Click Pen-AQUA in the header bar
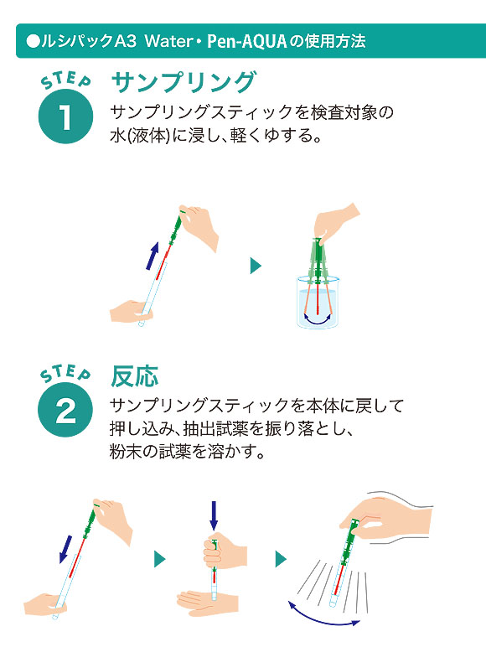pyautogui.click(x=246, y=41)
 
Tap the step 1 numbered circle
pyautogui.click(x=65, y=116)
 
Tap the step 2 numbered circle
pyautogui.click(x=65, y=410)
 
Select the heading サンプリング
pyautogui.click(x=184, y=81)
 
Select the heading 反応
pyautogui.click(x=135, y=376)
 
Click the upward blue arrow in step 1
pyautogui.click(x=153, y=256)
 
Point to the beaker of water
pyautogui.click(x=318, y=303)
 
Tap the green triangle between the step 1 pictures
pyautogui.click(x=256, y=266)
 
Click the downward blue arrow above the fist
pyautogui.click(x=214, y=515)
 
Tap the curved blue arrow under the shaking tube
pyautogui.click(x=324, y=619)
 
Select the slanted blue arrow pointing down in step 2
pyautogui.click(x=65, y=549)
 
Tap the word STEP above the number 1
pyautogui.click(x=66, y=80)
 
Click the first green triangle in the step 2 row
pyautogui.click(x=160, y=559)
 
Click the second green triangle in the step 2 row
pyautogui.click(x=281, y=559)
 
